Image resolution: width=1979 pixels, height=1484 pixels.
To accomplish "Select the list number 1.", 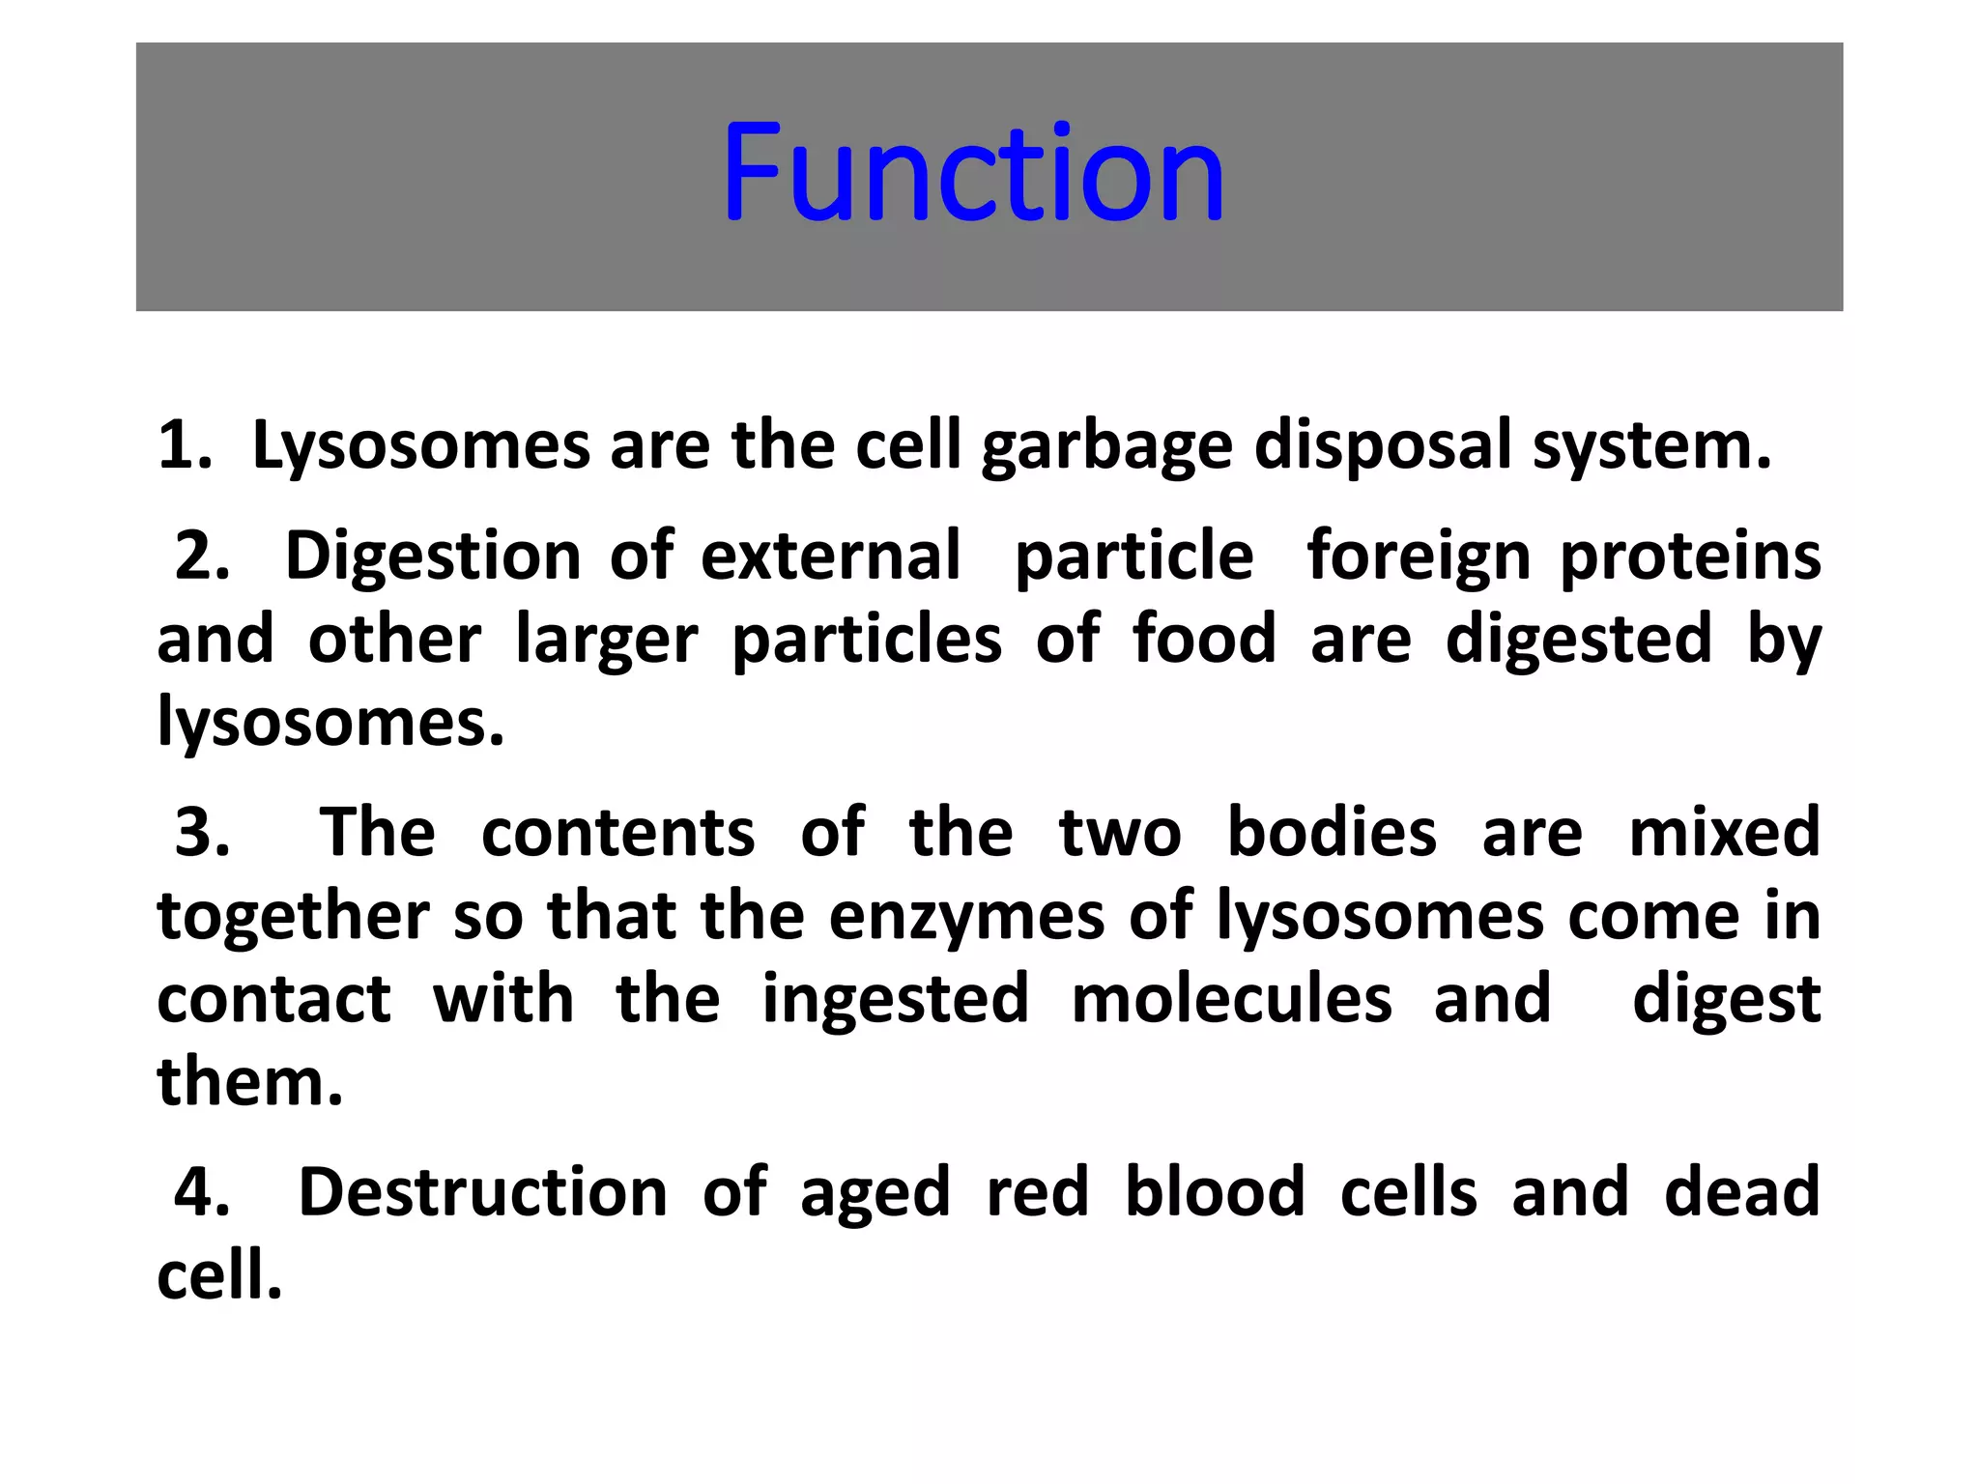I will point(184,446).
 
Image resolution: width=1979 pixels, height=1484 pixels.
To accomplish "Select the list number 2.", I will point(202,556).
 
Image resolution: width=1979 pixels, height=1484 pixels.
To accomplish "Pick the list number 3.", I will point(202,833).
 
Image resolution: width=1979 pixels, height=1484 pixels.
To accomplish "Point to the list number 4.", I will point(202,1192).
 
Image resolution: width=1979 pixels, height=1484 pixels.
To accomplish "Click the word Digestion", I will point(433,558).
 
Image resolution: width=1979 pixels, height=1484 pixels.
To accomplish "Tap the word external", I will point(830,556).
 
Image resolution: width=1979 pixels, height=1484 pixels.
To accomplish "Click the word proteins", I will point(1690,558).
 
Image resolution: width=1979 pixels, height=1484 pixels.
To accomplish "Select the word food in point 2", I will point(1204,640).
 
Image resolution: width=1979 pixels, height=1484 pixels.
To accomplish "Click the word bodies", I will point(1332,833).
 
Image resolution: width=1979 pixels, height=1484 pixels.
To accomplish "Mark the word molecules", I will point(1232,999).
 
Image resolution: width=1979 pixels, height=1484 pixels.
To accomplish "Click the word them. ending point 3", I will point(250,1082).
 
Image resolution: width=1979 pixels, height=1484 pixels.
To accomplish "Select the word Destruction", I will point(483,1192).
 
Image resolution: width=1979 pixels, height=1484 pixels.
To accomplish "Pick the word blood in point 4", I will point(1215,1192).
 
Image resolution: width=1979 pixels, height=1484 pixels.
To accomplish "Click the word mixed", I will point(1724,833).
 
